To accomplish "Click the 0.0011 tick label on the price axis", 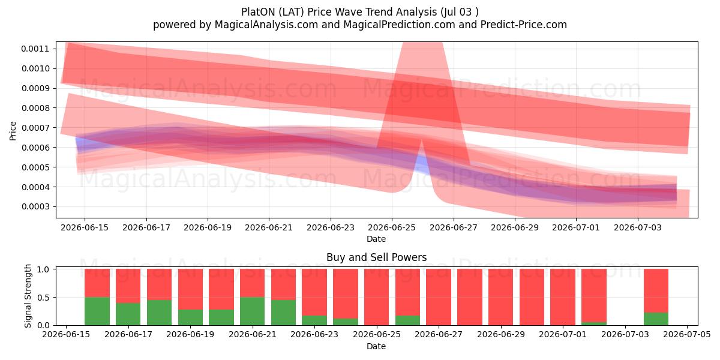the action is click(35, 49).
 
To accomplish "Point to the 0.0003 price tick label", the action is click(35, 206).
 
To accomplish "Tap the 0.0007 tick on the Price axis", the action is click(35, 128).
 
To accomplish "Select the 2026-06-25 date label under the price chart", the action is click(392, 227).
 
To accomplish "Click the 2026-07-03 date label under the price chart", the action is click(638, 227).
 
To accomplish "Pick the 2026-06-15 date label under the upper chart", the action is click(85, 227).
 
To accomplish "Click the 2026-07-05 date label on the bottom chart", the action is click(687, 335).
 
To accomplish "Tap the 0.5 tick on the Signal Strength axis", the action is click(43, 298).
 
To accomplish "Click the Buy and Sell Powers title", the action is click(376, 257).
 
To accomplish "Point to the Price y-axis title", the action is click(13, 131).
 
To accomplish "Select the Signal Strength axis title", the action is click(28, 296).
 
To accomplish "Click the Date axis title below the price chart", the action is click(376, 239).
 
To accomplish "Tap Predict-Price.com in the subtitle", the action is click(524, 25).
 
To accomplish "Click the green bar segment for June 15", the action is click(97, 311).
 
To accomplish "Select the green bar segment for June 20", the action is click(253, 311).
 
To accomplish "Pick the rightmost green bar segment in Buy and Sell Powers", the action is click(656, 319).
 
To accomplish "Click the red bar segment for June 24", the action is click(376, 297).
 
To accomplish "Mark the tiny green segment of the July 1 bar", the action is click(594, 323).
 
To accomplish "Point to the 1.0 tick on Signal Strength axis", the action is click(43, 269).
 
